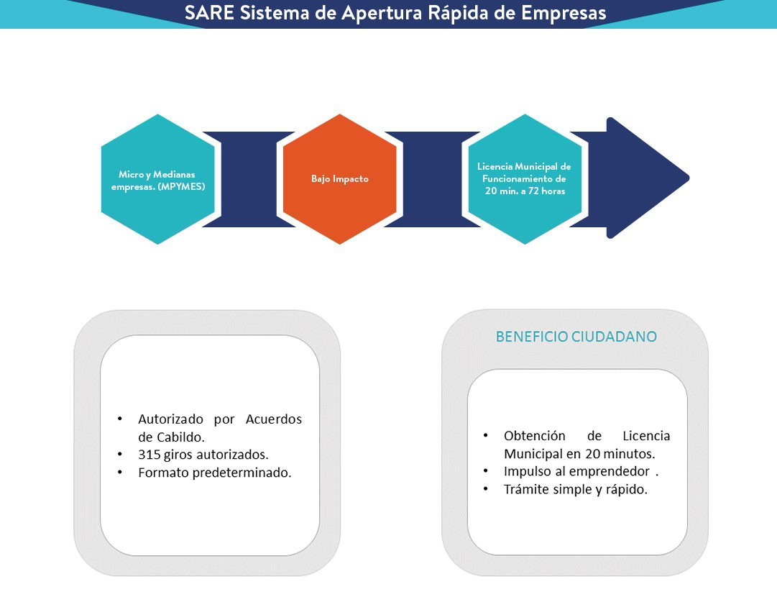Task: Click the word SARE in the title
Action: point(209,13)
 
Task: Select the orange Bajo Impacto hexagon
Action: point(340,179)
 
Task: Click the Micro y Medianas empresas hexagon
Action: point(158,179)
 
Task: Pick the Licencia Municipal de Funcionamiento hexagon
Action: point(525,179)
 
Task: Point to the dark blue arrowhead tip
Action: point(689,178)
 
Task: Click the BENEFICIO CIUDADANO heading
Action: point(576,337)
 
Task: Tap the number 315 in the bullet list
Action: point(149,455)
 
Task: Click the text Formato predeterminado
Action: point(215,473)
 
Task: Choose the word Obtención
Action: point(535,436)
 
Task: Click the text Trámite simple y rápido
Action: point(576,489)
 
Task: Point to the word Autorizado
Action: point(170,419)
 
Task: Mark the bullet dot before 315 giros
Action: point(120,454)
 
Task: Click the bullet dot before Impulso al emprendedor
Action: point(486,471)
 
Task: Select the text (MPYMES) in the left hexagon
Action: point(181,187)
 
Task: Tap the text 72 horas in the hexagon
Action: point(546,191)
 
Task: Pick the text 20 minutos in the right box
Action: point(620,454)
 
